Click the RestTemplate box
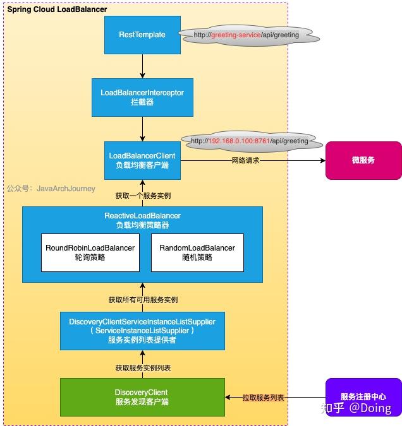pyautogui.click(x=142, y=35)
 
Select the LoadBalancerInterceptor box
pyautogui.click(x=142, y=97)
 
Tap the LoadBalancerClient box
pyautogui.click(x=142, y=160)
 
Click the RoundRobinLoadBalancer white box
pyautogui.click(x=90, y=252)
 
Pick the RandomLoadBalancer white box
pyautogui.click(x=197, y=252)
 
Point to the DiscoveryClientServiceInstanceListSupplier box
pyautogui.click(x=142, y=330)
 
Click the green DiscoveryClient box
pyautogui.click(x=142, y=397)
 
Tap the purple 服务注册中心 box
pyautogui.click(x=363, y=397)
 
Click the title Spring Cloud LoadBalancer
pyautogui.click(x=57, y=9)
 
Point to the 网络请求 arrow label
pyautogui.click(x=245, y=161)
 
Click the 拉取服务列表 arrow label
pyautogui.click(x=263, y=398)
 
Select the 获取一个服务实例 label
pyautogui.click(x=142, y=196)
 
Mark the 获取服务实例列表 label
pyautogui.click(x=142, y=367)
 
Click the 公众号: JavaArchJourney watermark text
pyautogui.click(x=51, y=188)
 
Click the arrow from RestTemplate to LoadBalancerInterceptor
pyautogui.click(x=142, y=66)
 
